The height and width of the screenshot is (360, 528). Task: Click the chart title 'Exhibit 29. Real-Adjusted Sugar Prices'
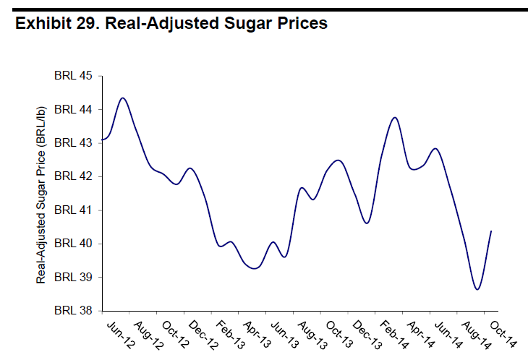click(x=171, y=23)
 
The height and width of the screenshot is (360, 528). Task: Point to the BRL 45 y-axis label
click(x=74, y=76)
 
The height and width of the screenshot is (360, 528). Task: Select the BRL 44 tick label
click(x=74, y=109)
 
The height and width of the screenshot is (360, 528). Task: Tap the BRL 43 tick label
click(x=74, y=143)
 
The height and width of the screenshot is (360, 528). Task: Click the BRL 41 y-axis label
click(x=74, y=210)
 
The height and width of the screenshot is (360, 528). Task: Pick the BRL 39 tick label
click(x=74, y=278)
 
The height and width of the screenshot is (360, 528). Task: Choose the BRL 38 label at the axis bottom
click(x=74, y=311)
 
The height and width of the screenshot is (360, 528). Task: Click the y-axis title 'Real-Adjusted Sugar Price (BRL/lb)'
click(x=41, y=193)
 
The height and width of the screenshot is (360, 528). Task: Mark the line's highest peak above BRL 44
click(x=123, y=98)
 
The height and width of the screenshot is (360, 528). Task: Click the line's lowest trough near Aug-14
click(x=477, y=289)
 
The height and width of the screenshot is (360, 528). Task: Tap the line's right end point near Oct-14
click(x=492, y=231)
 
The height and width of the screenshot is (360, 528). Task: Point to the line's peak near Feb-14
click(x=395, y=117)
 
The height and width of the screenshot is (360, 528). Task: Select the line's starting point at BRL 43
click(x=103, y=140)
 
